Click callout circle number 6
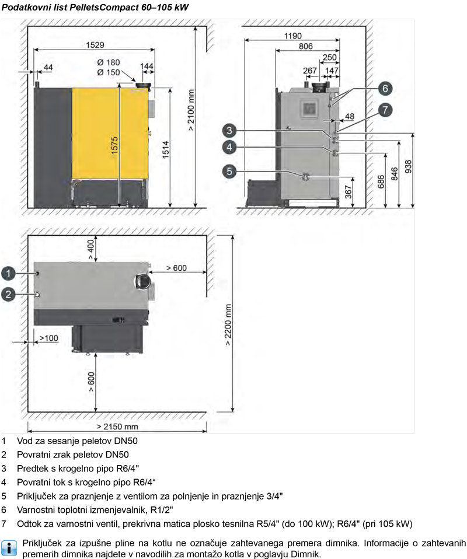click(x=385, y=89)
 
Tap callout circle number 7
click(x=385, y=110)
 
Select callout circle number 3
click(x=229, y=131)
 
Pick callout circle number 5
click(x=229, y=147)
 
